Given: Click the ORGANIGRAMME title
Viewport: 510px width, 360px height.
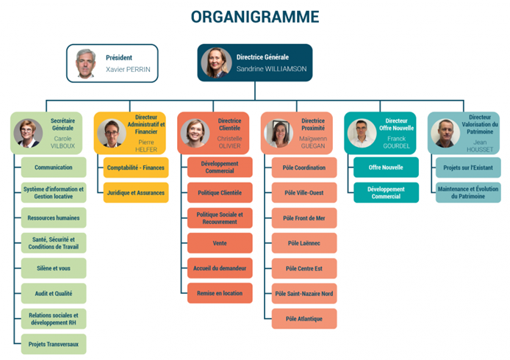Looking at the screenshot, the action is pos(255,17).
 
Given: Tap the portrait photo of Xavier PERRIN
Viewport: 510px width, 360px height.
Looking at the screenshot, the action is pos(85,64).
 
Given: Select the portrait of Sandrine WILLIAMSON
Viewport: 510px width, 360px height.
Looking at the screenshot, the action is pos(216,62).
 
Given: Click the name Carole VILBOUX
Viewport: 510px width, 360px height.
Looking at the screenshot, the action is pos(62,142).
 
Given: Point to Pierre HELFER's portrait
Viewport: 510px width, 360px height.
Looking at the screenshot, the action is pos(112,133).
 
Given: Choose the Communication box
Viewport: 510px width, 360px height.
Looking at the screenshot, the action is pos(54,168).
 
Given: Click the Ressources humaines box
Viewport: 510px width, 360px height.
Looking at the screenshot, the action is pos(54,218).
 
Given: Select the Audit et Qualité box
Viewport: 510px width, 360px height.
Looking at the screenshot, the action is pos(54,293).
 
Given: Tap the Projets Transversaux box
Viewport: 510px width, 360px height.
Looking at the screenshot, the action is pos(54,344).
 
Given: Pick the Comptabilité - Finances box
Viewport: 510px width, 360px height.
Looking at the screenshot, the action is pos(136,168).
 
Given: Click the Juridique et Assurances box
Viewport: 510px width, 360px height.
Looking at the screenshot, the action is pos(136,192).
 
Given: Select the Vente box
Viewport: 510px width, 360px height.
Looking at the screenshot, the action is pos(220,243).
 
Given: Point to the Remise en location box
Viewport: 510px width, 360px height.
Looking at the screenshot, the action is pos(220,293).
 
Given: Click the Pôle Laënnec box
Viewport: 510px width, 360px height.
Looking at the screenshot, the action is pos(304,243).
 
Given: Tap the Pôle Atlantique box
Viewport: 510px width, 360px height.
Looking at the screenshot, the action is pos(304,319).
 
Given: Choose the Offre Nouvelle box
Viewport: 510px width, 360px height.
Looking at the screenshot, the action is pos(386,168).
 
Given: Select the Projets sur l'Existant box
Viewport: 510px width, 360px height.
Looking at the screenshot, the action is pos(468,168).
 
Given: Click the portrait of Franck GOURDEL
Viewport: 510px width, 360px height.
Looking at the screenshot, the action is pos(362,133).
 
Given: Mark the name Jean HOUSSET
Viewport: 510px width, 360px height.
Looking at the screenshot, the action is pos(480,145).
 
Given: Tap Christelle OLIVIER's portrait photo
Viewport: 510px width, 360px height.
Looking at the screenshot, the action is pos(195,133).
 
